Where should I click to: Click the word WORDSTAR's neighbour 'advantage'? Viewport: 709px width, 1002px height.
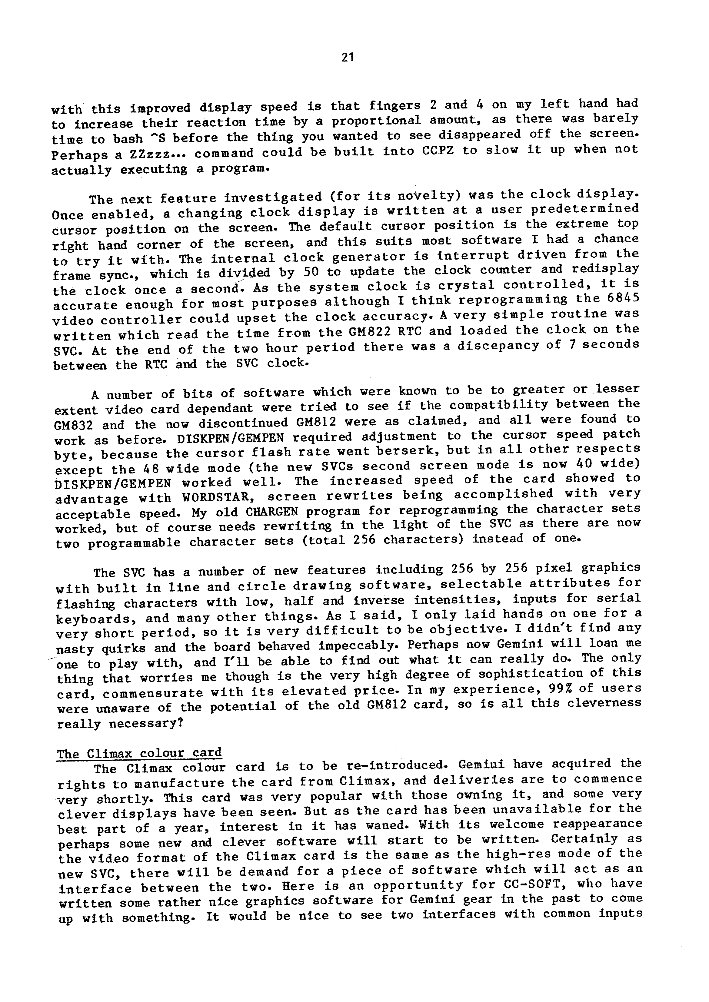click(91, 499)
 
